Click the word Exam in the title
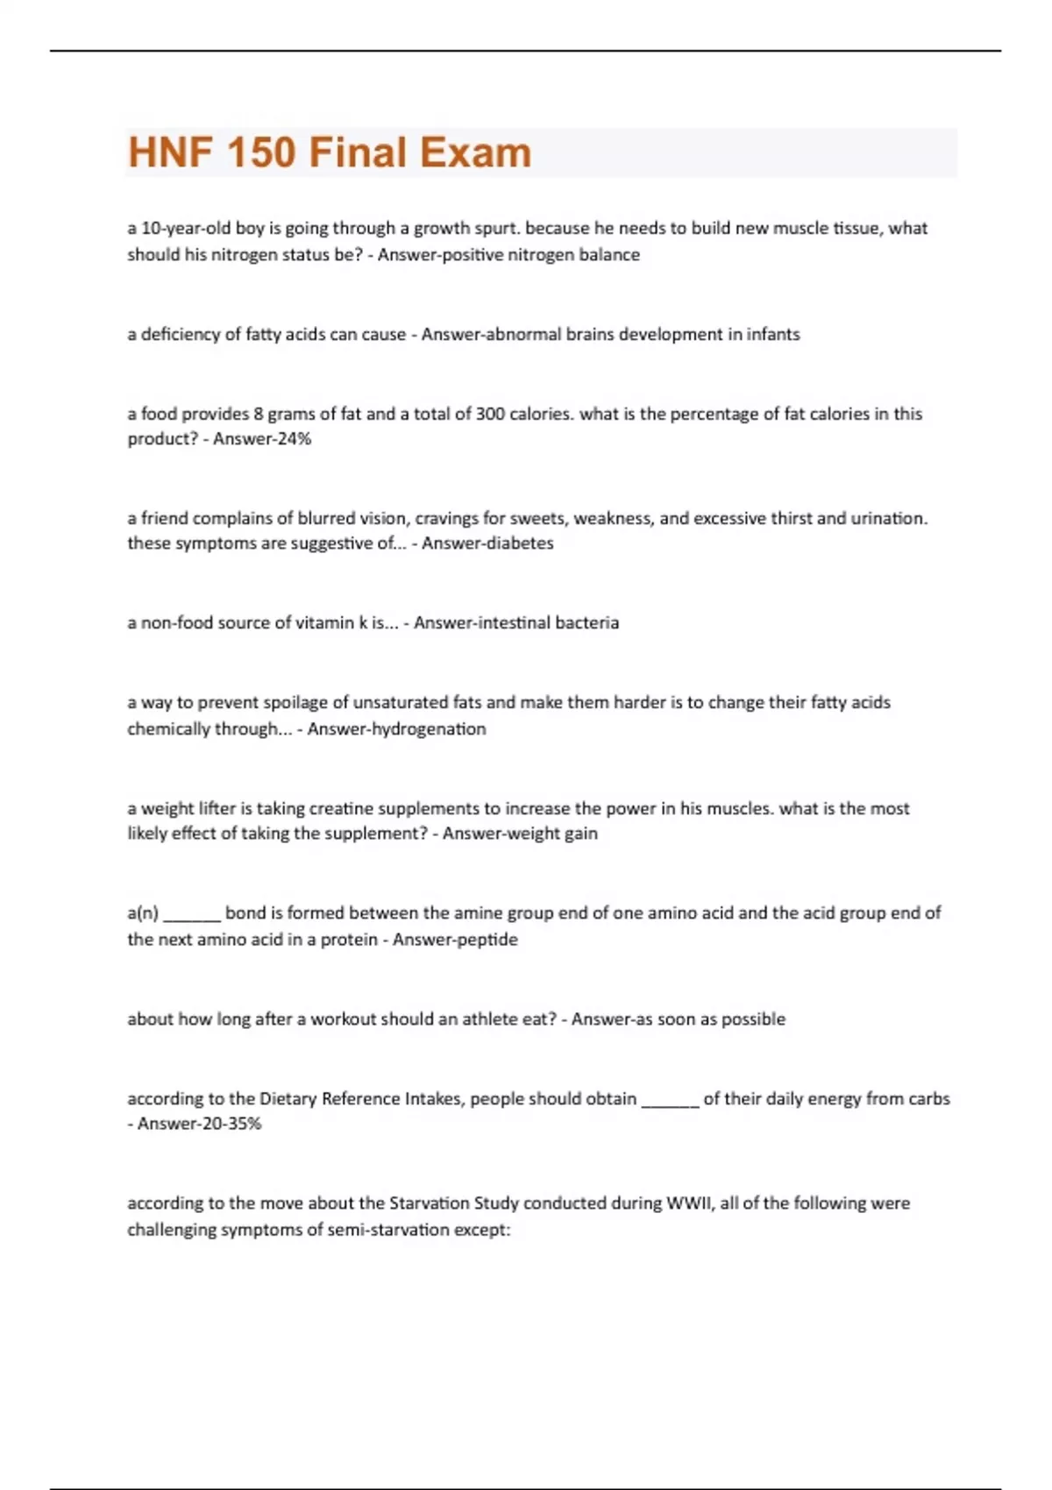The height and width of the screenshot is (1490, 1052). [476, 153]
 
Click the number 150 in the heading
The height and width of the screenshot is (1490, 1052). [261, 153]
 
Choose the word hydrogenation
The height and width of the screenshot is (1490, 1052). [429, 729]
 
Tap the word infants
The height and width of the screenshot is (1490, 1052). [772, 335]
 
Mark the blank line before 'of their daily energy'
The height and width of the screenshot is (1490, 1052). [670, 1102]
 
